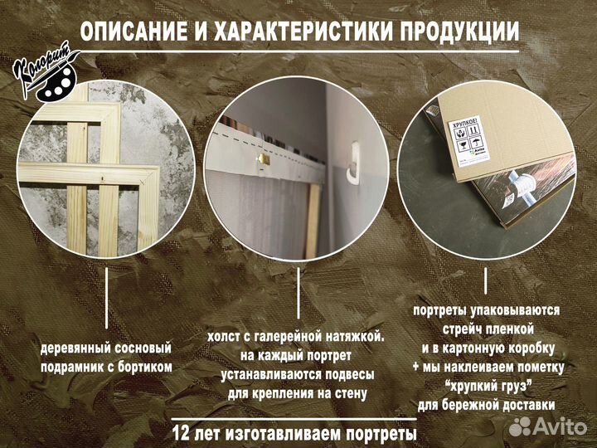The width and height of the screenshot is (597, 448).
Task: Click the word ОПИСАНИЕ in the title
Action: coord(133,32)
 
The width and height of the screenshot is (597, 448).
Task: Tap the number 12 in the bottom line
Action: coord(184,433)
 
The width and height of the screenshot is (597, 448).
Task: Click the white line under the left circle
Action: coord(106,299)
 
